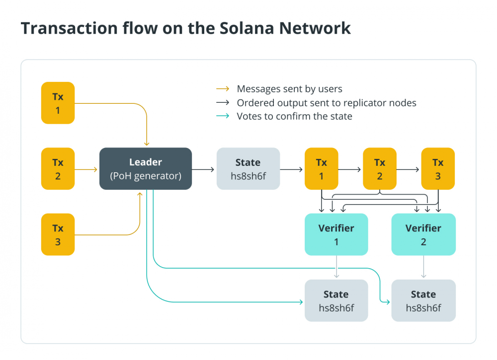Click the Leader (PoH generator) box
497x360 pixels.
tap(146, 168)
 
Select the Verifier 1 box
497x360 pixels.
tap(336, 234)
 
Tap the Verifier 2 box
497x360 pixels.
tap(423, 234)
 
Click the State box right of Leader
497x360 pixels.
tap(248, 168)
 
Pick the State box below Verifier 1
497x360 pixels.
tap(336, 300)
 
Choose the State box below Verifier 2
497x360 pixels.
tap(423, 300)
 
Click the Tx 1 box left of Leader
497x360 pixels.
tap(58, 103)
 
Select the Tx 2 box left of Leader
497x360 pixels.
tap(58, 168)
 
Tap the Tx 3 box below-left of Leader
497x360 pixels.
tap(58, 234)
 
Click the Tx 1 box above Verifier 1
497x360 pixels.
tap(322, 168)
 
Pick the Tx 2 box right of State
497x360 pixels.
tap(380, 168)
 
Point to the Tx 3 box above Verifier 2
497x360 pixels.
tap(438, 168)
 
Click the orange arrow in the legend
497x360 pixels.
tap(223, 89)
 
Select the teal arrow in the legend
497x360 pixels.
tap(223, 116)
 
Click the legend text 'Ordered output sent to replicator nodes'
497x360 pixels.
tap(327, 103)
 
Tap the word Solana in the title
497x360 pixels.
tap(247, 28)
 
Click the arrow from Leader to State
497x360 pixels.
tap(203, 170)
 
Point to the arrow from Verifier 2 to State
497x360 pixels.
tap(423, 267)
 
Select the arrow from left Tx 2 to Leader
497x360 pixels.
tap(86, 170)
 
